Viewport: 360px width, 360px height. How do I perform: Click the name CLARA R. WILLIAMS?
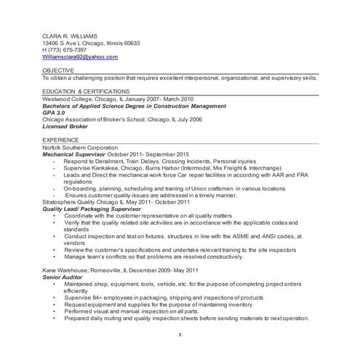pos(69,35)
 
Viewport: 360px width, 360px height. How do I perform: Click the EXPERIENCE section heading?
pos(61,138)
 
